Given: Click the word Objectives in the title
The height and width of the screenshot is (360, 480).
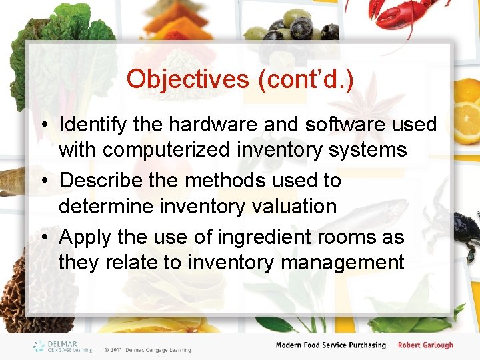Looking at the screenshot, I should [x=187, y=79].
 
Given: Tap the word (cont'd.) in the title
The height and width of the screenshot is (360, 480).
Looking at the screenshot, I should [x=305, y=79].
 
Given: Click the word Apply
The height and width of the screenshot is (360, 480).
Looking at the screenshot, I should [x=85, y=237].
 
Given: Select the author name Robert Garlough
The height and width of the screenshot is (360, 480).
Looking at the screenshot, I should [x=425, y=345].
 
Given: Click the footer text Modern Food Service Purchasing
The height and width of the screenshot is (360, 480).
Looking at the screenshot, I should [x=331, y=345].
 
